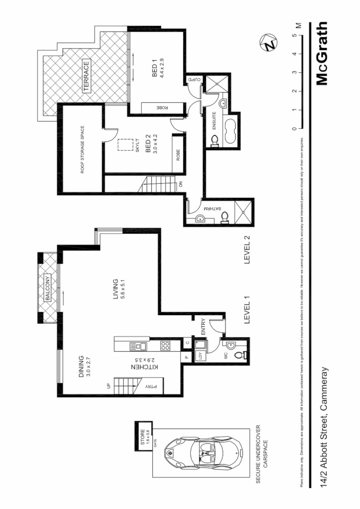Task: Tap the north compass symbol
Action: point(268,43)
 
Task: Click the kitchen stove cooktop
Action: point(164,346)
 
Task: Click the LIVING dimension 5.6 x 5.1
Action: point(123,289)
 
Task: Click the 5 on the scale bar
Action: point(294,35)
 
